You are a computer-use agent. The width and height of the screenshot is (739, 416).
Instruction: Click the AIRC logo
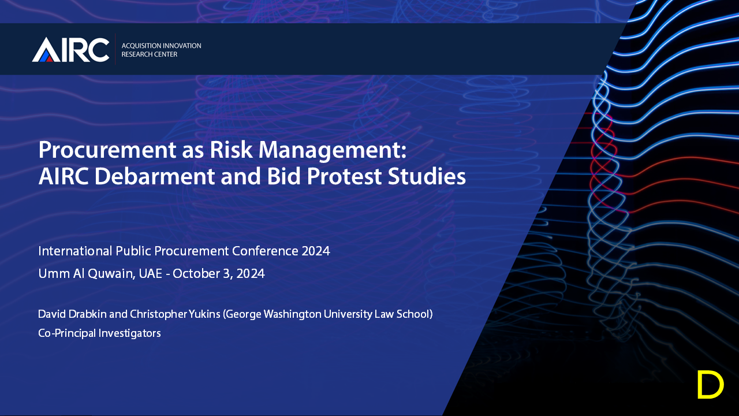tap(70, 50)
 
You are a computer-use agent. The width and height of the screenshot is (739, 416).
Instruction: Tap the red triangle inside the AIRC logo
tap(49, 58)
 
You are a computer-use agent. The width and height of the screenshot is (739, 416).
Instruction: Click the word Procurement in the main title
tap(107, 150)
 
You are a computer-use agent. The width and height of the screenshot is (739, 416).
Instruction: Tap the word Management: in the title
tap(332, 151)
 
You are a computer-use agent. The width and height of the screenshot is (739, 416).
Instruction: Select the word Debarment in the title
tap(155, 176)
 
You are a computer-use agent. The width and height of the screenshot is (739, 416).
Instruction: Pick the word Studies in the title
tap(427, 176)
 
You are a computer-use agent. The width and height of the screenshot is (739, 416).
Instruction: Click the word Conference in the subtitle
tap(265, 251)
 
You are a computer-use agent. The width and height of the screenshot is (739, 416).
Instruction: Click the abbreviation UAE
tap(151, 273)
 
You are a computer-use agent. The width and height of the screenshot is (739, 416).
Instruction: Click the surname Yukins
tap(204, 314)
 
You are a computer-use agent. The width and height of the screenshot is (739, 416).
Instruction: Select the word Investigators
tap(130, 333)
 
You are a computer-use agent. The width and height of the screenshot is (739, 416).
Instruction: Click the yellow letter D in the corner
tap(711, 385)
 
